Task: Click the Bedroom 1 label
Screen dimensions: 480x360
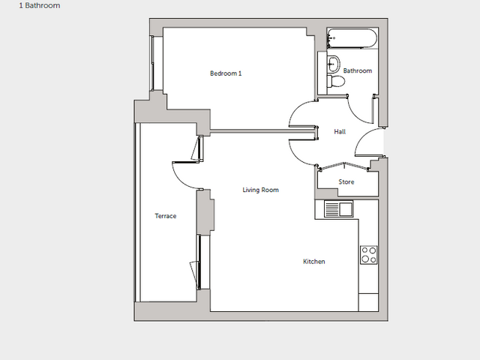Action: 226,73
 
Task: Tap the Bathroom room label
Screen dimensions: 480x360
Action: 358,70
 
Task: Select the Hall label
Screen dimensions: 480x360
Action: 340,132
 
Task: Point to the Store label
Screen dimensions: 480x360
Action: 346,181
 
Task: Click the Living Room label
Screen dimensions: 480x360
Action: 260,190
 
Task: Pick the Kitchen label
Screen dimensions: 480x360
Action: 314,262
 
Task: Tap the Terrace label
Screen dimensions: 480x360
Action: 166,216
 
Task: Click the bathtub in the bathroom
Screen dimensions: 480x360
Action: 352,38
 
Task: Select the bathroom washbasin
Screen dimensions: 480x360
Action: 334,64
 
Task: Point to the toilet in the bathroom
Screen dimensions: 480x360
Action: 336,81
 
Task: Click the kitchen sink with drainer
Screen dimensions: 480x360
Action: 338,209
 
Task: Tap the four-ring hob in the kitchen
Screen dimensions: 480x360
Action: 369,255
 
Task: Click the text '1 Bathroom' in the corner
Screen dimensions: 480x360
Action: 40,5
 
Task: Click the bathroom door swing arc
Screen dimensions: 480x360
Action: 355,114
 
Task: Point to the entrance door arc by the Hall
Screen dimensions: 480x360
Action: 362,136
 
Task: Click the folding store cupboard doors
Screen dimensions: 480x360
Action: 344,165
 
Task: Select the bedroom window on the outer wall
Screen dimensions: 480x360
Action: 151,63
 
